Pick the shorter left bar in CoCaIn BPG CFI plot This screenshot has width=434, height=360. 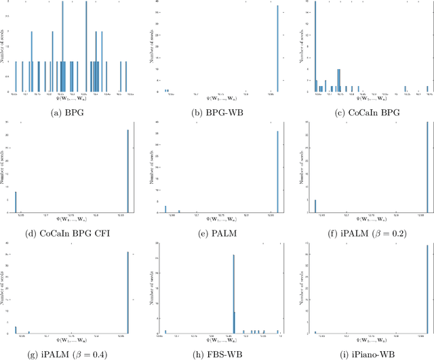point(16,201)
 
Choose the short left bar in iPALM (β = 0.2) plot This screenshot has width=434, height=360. point(315,205)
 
